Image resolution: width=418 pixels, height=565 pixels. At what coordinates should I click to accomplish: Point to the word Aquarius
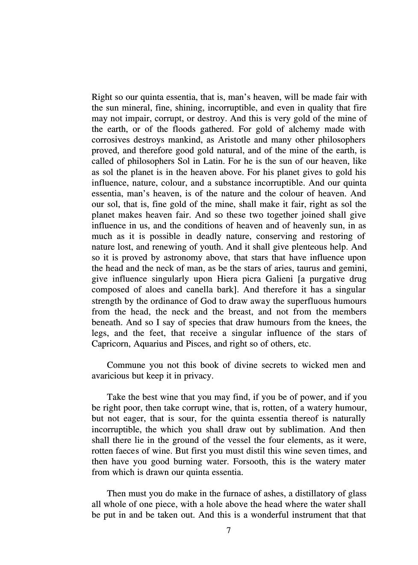(151, 344)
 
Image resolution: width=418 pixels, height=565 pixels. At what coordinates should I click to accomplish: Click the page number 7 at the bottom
(229, 530)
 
